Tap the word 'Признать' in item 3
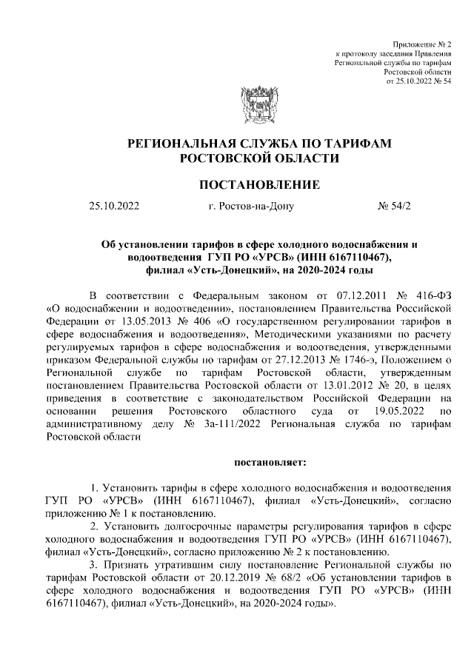pos(121,564)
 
